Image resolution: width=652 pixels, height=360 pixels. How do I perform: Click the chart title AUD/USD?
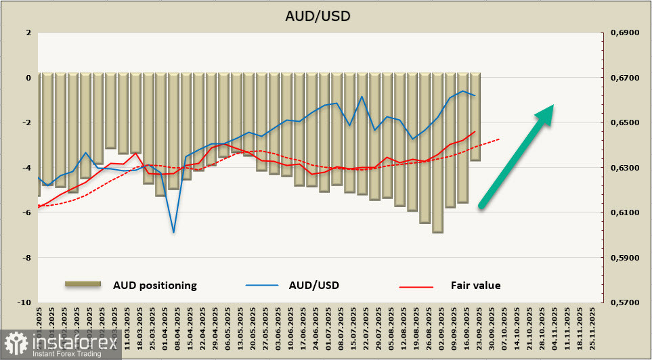point(325,16)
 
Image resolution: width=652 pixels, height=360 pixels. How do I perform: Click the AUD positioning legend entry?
point(154,285)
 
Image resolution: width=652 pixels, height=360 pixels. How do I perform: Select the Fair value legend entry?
point(475,285)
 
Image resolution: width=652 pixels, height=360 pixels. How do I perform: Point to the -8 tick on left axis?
point(27,258)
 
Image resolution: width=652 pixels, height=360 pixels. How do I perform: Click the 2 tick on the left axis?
point(28,32)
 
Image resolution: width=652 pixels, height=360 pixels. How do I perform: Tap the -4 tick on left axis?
point(27,168)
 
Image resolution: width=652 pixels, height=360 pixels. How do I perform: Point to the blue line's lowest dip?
point(173,232)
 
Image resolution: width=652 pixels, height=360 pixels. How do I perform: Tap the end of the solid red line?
point(475,132)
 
